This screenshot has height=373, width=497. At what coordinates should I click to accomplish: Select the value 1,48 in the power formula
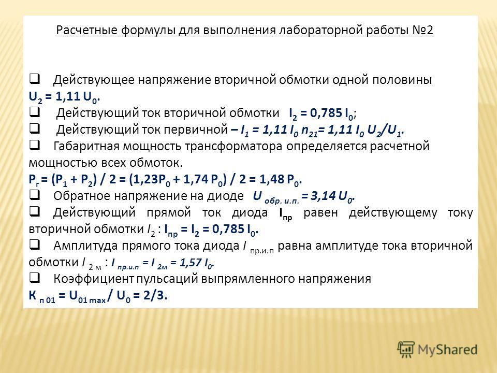(x=272, y=179)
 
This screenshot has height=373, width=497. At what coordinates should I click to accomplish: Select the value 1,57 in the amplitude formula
(x=191, y=262)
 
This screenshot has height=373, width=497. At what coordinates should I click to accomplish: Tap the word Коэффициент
(x=94, y=279)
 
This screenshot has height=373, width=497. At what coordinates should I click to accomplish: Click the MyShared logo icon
(x=406, y=350)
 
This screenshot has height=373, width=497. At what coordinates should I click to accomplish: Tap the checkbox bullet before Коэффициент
(x=35, y=278)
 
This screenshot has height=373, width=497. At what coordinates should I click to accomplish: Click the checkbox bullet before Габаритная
(x=35, y=146)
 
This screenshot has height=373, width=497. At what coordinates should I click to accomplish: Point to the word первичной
(x=196, y=130)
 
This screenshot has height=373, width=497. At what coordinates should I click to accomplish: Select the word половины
(x=402, y=80)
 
